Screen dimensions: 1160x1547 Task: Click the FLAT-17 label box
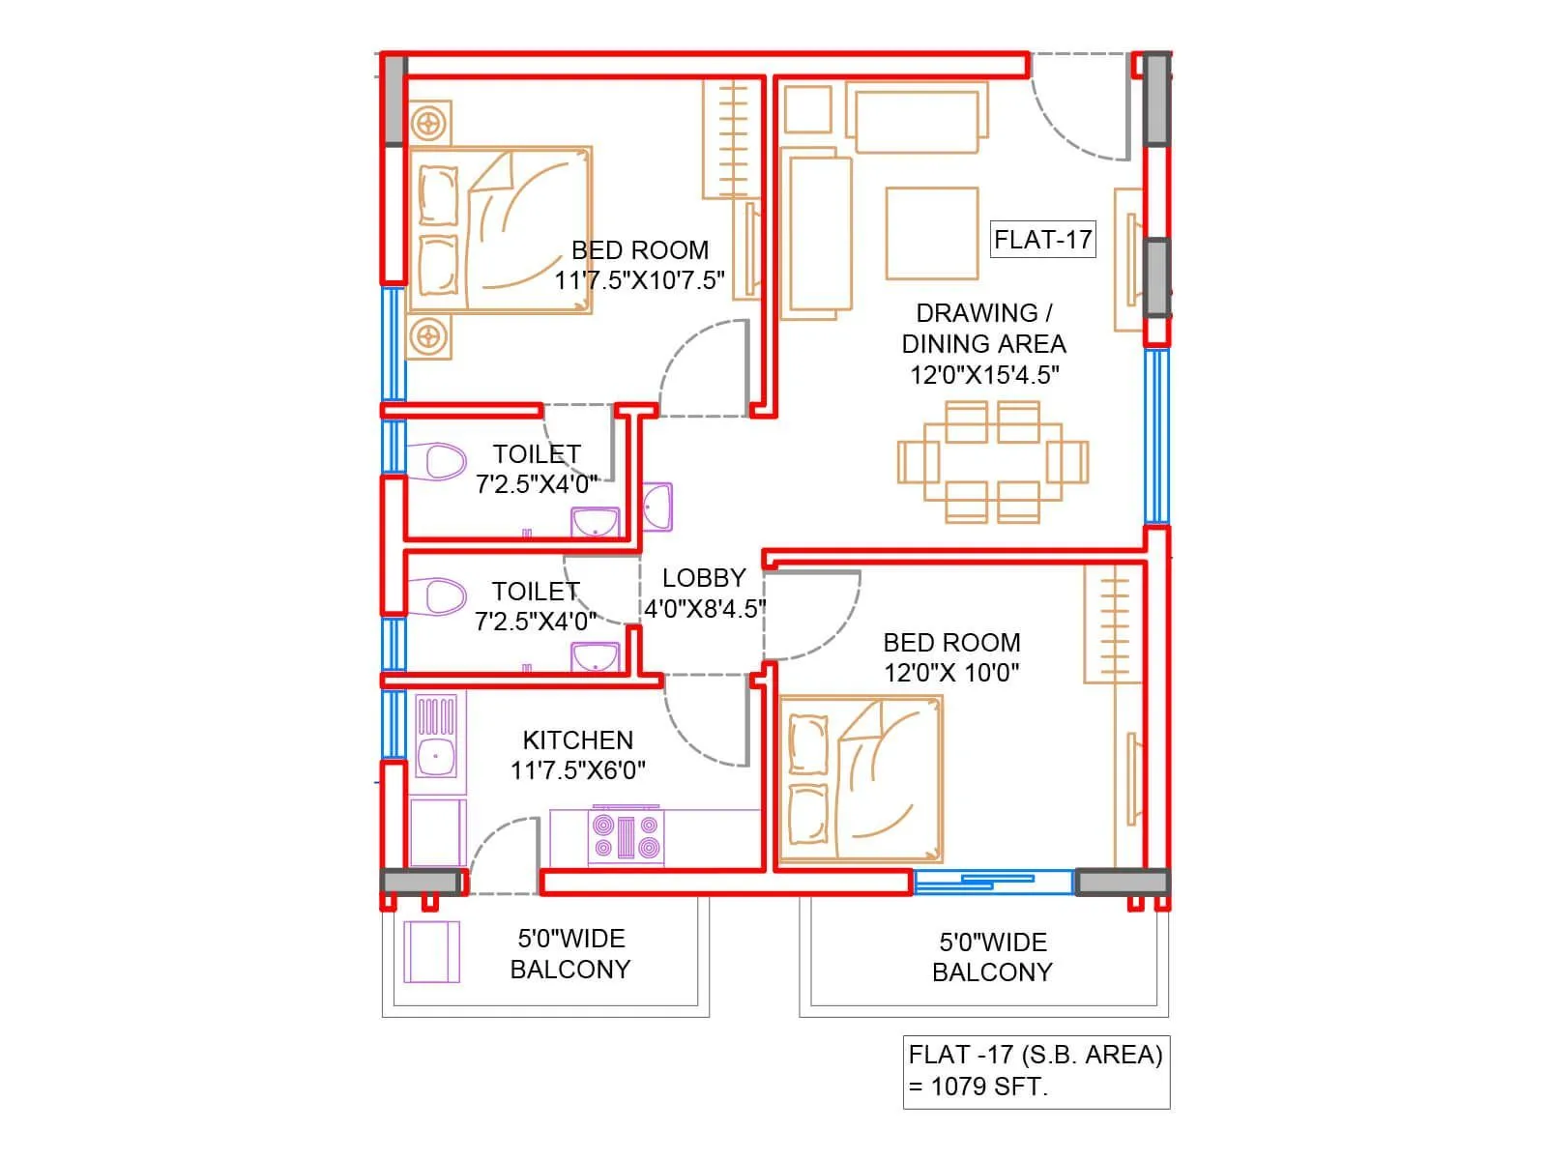1042,239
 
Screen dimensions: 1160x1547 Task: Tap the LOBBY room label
704,578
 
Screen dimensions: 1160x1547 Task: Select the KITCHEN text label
578,740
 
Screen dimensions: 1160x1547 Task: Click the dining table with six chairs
992,461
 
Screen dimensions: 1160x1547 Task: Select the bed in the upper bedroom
501,230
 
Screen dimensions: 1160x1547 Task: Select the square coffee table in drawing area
932,233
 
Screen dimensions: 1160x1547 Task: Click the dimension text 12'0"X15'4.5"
984,375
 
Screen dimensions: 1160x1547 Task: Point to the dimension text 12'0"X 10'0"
951,673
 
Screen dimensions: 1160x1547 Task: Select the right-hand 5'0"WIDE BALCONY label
992,957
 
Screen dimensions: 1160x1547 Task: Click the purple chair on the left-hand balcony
432,952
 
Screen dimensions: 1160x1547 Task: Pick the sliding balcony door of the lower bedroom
993,881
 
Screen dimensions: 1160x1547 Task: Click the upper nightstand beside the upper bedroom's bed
428,124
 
